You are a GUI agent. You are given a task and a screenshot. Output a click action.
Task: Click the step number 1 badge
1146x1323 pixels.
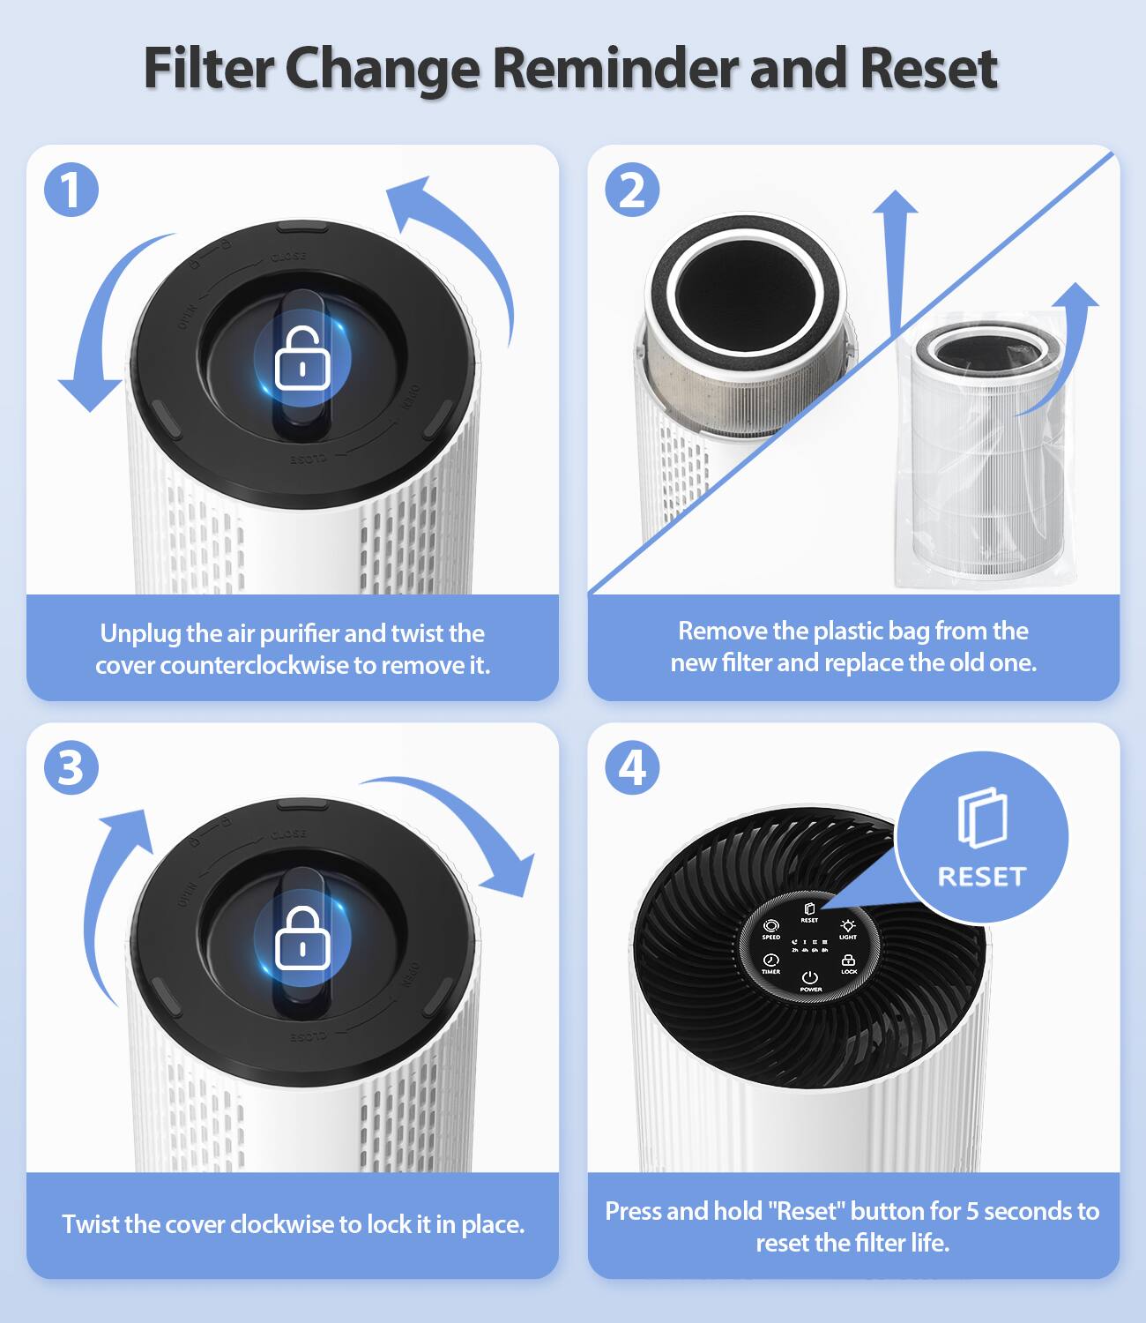(71, 190)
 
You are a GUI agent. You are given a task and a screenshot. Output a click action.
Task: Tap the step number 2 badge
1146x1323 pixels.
(632, 190)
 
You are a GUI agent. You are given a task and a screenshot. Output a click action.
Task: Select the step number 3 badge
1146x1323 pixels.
(71, 767)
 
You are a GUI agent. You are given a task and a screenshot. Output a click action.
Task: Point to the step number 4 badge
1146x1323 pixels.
(632, 767)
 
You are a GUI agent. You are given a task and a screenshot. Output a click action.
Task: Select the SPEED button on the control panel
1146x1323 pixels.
(771, 929)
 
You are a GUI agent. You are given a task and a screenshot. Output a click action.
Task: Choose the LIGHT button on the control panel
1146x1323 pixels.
(848, 929)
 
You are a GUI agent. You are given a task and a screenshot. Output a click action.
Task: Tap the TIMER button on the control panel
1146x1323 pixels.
(771, 963)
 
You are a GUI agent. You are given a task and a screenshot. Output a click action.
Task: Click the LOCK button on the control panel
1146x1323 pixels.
(849, 963)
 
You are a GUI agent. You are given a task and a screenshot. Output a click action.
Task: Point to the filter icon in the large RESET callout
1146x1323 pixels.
(982, 818)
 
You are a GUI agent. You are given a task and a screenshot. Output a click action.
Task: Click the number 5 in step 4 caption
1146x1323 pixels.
(971, 1211)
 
